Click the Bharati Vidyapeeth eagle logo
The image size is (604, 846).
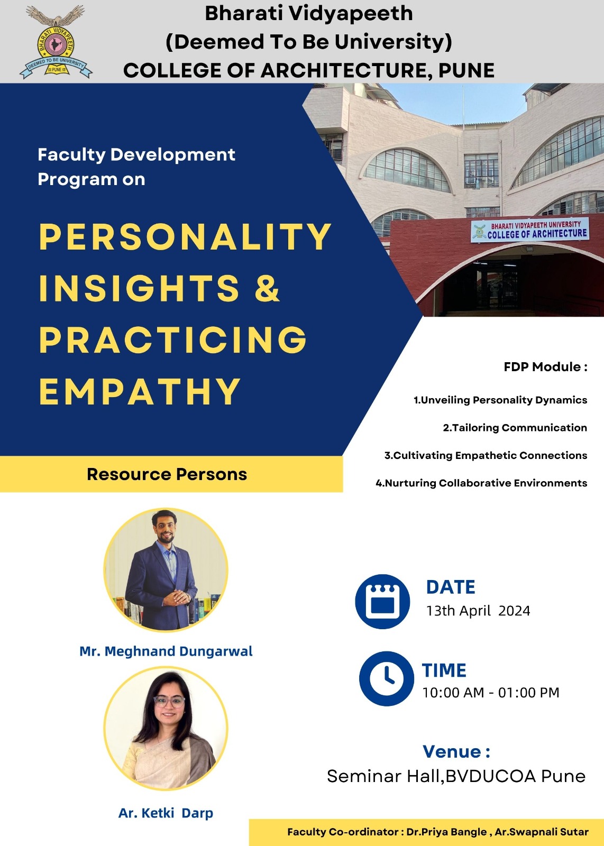pos(56,41)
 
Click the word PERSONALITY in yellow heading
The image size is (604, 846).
pos(185,236)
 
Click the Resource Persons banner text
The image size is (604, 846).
pos(167,474)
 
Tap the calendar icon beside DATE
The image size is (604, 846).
pos(382,602)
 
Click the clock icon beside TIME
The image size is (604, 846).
pos(387,679)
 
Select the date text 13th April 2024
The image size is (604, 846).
pos(478,611)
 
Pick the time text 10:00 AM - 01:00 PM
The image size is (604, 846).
pos(491,692)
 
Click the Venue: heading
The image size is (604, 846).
pos(456,751)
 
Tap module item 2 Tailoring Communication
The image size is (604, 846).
pos(515,428)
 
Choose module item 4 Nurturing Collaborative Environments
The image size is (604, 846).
pos(481,483)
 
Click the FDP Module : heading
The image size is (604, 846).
pos(545,366)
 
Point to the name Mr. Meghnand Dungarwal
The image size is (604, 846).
pos(166,651)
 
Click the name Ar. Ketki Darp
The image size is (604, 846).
pos(166,813)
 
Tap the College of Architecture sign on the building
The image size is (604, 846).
pos(529,229)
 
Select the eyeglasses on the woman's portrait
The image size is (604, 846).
pos(169,702)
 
